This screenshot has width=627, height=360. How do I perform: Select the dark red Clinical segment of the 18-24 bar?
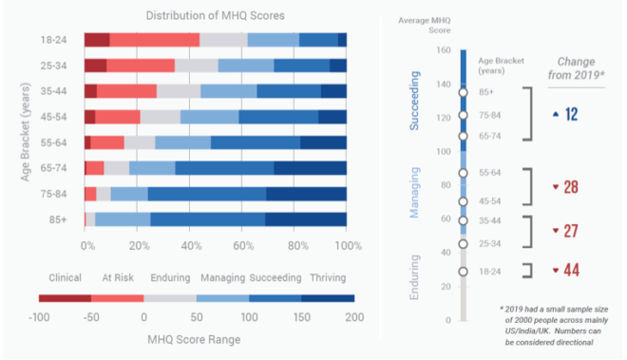pyautogui.click(x=97, y=39)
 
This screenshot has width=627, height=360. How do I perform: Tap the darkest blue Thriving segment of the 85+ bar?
pyautogui.click(x=306, y=219)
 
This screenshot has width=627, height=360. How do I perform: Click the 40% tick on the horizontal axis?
pyautogui.click(x=191, y=245)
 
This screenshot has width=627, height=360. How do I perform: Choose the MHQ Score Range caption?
pyautogui.click(x=195, y=338)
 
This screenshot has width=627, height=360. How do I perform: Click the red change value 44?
pyautogui.click(x=570, y=272)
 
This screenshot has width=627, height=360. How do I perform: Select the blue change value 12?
pyautogui.click(x=570, y=114)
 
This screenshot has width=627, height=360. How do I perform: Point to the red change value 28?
pyautogui.click(x=570, y=187)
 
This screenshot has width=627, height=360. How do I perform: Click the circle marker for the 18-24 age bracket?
pyautogui.click(x=463, y=272)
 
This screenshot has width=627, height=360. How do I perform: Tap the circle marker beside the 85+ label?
pyautogui.click(x=463, y=92)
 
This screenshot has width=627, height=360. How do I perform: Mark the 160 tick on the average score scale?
pyautogui.click(x=443, y=50)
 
